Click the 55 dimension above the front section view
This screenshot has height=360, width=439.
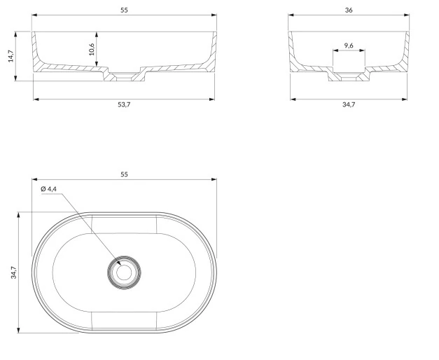124,10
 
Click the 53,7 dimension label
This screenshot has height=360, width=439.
124,105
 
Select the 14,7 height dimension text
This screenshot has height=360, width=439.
11,56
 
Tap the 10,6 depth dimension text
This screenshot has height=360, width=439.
92,49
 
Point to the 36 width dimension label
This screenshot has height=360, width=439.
349,10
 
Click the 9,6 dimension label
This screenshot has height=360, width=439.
349,46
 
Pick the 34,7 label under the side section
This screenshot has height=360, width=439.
349,105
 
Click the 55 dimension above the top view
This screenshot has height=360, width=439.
124,174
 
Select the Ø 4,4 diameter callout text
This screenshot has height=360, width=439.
48,189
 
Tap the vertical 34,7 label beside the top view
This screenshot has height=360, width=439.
13,272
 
